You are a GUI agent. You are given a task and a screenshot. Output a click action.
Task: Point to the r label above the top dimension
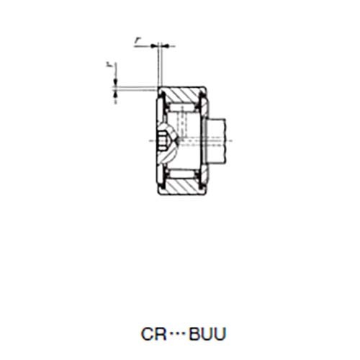point(138,41)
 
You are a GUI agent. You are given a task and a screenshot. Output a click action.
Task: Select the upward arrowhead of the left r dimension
point(115,94)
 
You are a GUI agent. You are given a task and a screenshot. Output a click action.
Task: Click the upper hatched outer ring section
point(184,95)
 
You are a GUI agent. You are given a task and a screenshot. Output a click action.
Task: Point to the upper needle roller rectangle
point(184,107)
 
